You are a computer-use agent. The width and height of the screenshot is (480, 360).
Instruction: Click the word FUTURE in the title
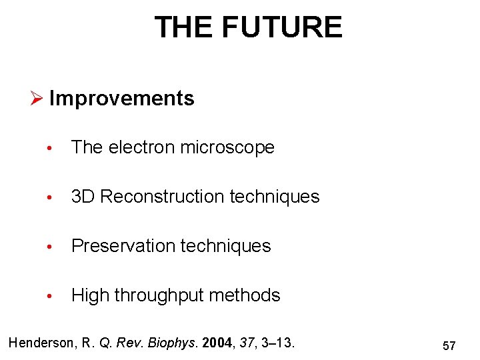click(x=282, y=27)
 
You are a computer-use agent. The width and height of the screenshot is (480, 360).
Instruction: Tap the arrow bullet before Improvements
click(x=37, y=99)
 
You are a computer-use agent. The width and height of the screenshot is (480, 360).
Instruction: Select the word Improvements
click(x=121, y=99)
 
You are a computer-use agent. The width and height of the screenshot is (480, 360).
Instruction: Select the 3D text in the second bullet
click(x=83, y=197)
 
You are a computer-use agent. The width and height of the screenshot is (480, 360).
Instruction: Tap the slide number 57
click(x=449, y=345)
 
